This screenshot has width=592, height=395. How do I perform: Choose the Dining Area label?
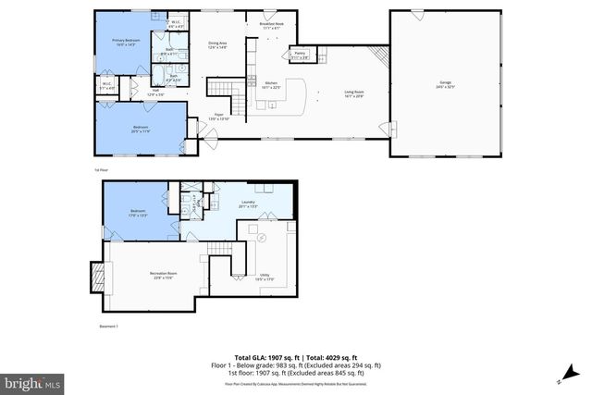(218, 44)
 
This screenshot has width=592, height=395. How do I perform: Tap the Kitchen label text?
(271, 84)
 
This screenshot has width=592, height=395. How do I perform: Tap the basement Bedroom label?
(137, 212)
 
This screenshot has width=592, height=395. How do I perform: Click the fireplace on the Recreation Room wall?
(96, 275)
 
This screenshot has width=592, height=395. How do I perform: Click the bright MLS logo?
(32, 381)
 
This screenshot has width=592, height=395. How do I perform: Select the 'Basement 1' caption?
(108, 326)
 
